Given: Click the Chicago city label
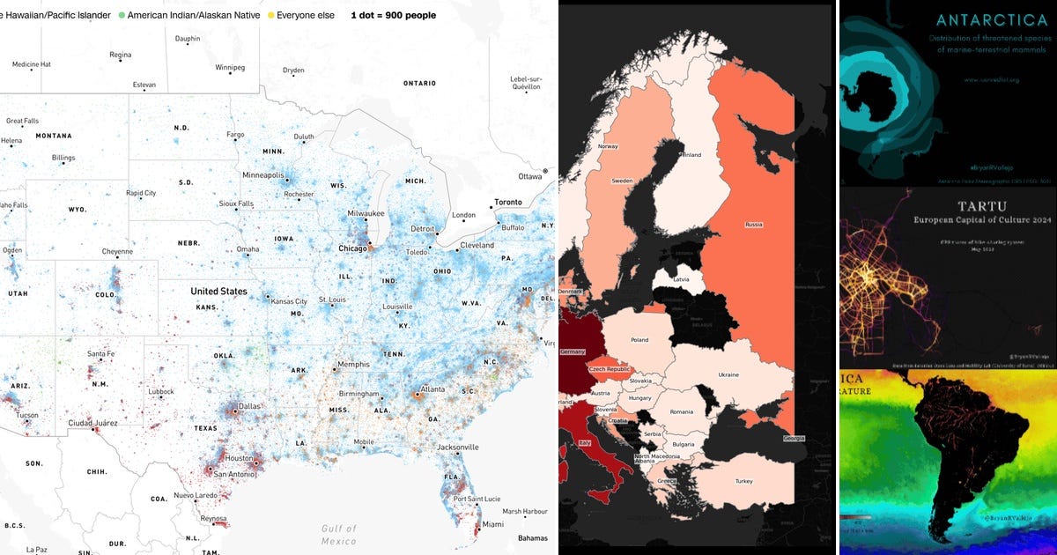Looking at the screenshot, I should (352, 249).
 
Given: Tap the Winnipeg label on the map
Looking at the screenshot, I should (230, 67).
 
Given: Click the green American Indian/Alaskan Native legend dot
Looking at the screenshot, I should (122, 15).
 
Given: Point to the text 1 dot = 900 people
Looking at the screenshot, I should (393, 15).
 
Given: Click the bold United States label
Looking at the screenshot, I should (218, 292).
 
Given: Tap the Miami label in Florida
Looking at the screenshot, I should (492, 525).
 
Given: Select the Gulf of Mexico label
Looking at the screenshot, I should (338, 534).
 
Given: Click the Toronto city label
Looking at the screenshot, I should (507, 202).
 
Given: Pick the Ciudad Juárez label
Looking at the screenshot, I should (92, 423).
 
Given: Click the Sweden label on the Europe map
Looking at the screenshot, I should (622, 181).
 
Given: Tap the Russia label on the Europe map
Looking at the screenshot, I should (754, 224).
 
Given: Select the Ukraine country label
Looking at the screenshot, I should (728, 374).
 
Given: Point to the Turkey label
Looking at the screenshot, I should (744, 480).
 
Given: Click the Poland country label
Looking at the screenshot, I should (639, 340).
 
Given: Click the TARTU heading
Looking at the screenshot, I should (945, 205).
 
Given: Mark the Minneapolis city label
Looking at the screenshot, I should (263, 174).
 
